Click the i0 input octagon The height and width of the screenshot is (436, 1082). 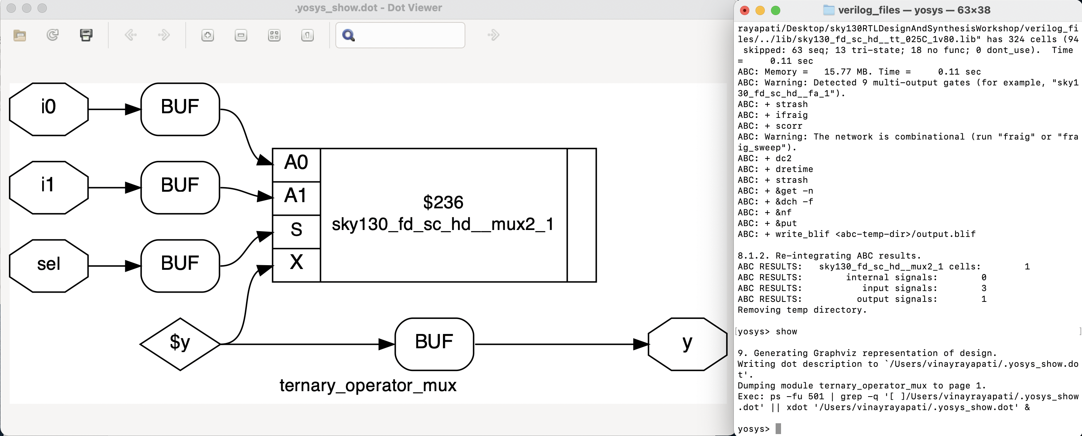tap(48, 109)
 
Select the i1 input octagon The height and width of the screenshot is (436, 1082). tap(48, 187)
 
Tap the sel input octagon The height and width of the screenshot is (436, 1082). tap(48, 266)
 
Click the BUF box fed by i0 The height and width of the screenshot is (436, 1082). tap(180, 109)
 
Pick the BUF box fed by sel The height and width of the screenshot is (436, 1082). tap(180, 266)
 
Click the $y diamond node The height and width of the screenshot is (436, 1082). tap(180, 344)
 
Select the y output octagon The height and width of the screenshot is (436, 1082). tap(687, 344)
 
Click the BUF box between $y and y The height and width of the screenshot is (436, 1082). tap(434, 344)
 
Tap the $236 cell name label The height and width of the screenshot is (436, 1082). tap(443, 202)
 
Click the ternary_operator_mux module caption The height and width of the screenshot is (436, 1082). tap(368, 385)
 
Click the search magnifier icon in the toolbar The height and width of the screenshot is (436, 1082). tap(349, 35)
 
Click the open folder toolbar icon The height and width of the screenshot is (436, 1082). tap(19, 35)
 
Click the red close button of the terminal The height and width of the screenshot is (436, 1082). tap(744, 10)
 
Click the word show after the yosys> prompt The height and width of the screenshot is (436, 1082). tap(786, 332)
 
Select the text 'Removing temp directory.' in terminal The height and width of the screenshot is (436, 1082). tap(802, 310)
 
